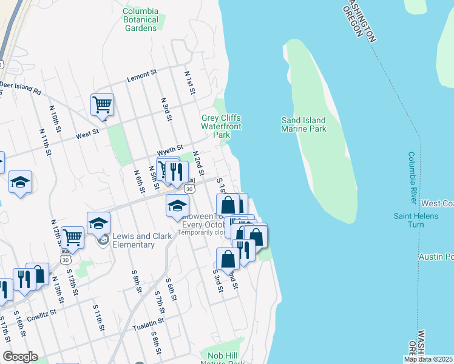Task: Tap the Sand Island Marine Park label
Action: click(303, 124)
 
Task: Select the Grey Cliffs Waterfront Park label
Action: click(222, 122)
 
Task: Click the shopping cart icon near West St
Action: click(103, 104)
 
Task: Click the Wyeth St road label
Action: click(170, 149)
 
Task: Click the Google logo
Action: click(20, 357)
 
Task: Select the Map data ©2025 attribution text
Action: click(429, 359)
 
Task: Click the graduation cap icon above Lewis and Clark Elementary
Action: click(98, 224)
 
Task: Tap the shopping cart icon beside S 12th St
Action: click(72, 238)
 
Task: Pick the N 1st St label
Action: click(189, 82)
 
